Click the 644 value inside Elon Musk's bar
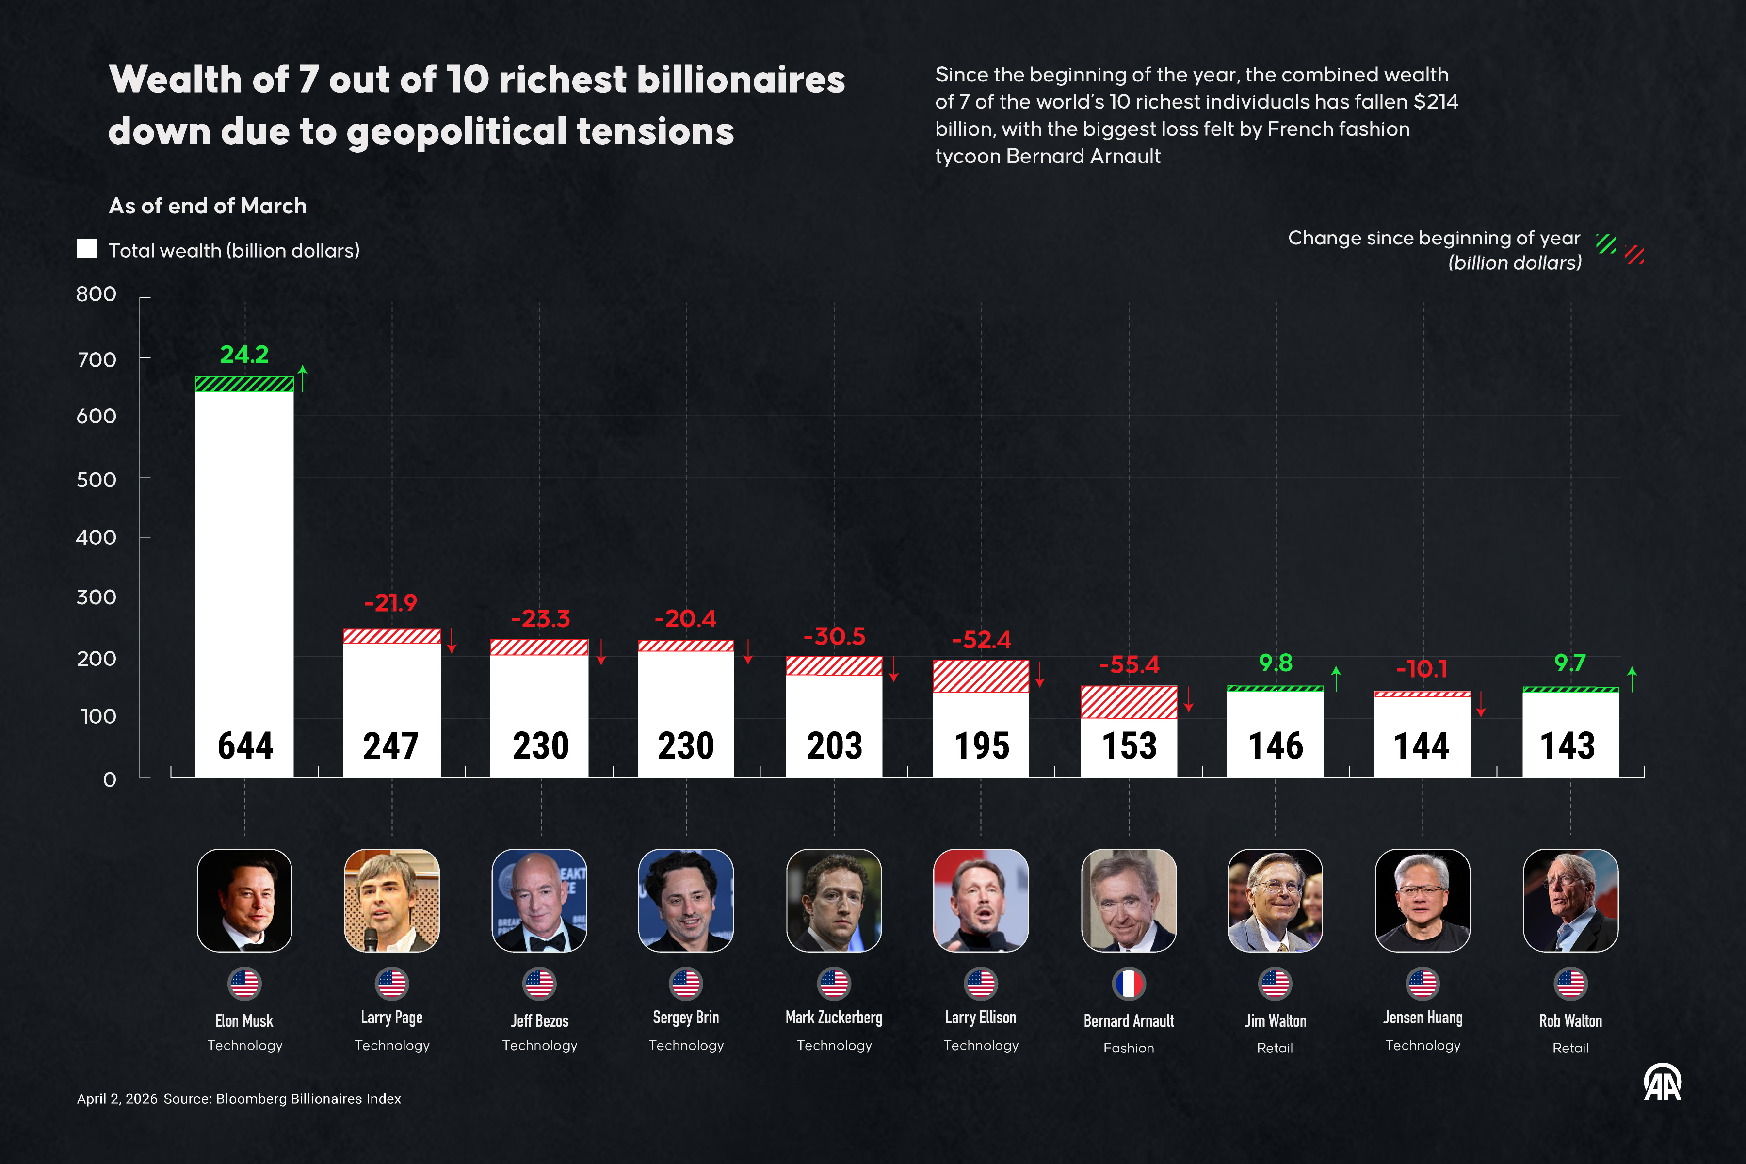point(245,745)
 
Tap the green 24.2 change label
point(244,355)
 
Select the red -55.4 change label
point(1129,664)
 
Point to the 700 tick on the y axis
point(97,360)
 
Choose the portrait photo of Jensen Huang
point(1423,901)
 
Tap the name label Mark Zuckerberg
point(834,1018)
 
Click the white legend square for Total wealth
point(87,249)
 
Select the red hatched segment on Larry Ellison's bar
point(981,676)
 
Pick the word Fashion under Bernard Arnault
point(1129,1048)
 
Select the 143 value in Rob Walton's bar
point(1568,745)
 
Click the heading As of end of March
point(208,206)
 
